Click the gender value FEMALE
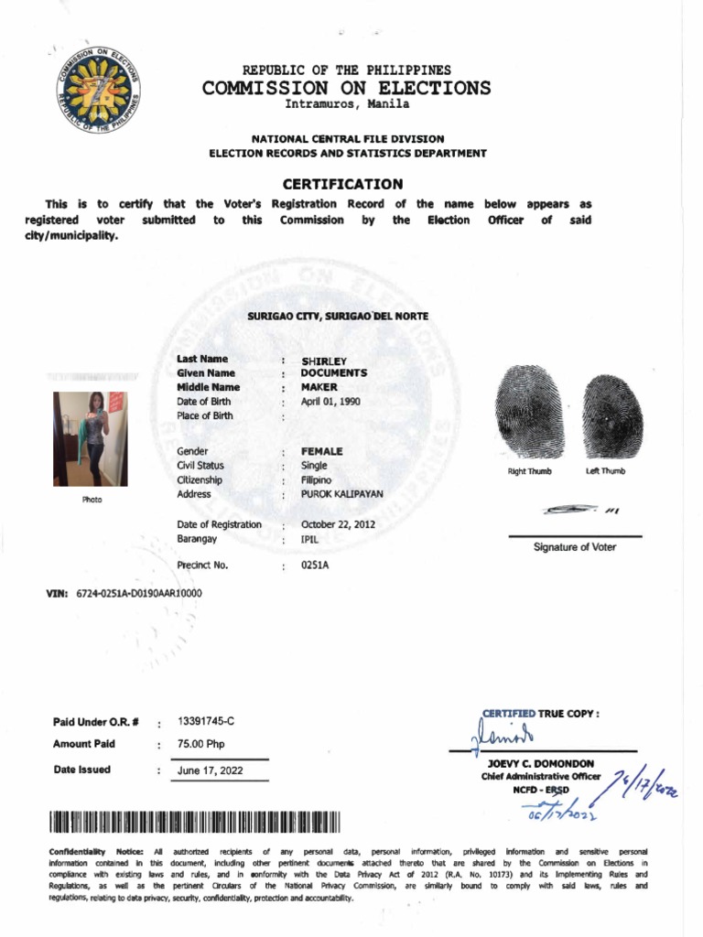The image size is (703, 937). pyautogui.click(x=322, y=452)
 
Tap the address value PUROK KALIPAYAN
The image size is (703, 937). pyautogui.click(x=342, y=494)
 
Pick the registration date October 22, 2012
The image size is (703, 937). pyautogui.click(x=338, y=525)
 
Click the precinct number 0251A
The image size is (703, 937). pyautogui.click(x=315, y=566)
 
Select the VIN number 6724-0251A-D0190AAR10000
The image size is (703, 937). pyautogui.click(x=139, y=594)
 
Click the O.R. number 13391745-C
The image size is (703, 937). pyautogui.click(x=212, y=722)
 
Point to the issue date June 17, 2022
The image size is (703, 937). pyautogui.click(x=211, y=770)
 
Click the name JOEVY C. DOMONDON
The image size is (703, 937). pyautogui.click(x=539, y=763)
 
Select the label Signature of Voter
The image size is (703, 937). pyautogui.click(x=574, y=547)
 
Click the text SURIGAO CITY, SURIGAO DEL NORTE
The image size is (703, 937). pyautogui.click(x=338, y=316)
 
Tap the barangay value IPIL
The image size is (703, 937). pyautogui.click(x=311, y=540)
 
